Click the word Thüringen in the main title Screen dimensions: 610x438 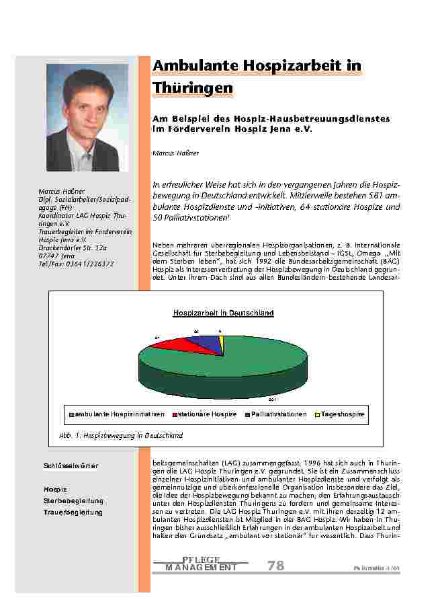(x=193, y=88)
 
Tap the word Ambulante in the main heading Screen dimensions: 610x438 (x=194, y=65)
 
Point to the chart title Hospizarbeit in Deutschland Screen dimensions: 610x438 (x=223, y=313)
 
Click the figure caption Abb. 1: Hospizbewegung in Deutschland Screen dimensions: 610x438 (x=116, y=436)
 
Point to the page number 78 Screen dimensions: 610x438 (x=275, y=566)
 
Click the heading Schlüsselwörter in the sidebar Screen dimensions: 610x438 (x=71, y=466)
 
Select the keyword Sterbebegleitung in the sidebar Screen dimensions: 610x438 (x=73, y=501)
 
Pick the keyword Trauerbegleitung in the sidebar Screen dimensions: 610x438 (x=73, y=512)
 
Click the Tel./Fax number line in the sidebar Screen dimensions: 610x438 (x=76, y=264)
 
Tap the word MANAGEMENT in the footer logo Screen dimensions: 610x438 (x=201, y=568)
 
